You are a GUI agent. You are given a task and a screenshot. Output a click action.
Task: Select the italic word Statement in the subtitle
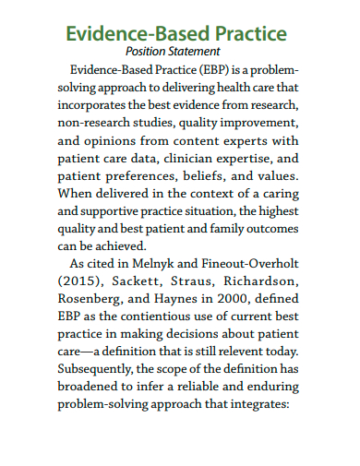(x=193, y=52)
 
